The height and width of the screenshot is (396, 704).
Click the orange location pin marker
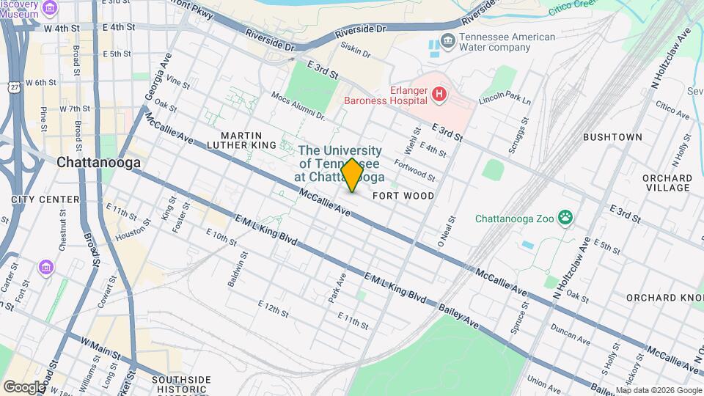click(352, 175)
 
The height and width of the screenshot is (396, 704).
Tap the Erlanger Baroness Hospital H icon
click(439, 93)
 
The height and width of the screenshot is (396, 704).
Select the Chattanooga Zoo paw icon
click(565, 217)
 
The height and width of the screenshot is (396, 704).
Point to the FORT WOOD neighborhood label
click(403, 196)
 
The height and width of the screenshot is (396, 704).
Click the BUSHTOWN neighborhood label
click(612, 137)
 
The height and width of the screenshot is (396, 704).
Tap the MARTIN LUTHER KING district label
click(247, 140)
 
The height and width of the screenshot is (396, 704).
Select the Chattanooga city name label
click(98, 163)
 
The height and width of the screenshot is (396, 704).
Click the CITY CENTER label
click(45, 199)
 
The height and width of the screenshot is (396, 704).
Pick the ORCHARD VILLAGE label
click(667, 183)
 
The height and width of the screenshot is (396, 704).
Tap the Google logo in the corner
click(24, 386)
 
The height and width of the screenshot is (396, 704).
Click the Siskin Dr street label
click(355, 49)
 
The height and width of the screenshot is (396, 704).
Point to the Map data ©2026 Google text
click(658, 389)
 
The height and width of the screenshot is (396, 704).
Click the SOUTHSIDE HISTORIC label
click(181, 384)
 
